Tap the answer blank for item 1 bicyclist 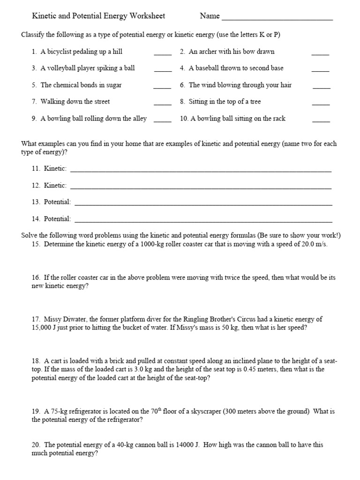tap(163, 54)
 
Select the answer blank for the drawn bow tap(320, 54)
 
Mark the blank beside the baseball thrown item tap(320, 71)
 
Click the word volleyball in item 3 tap(59, 68)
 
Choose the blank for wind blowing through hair tap(321, 88)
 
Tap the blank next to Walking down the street tap(163, 104)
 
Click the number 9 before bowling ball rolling tap(34, 119)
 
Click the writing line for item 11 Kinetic tap(201, 171)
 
